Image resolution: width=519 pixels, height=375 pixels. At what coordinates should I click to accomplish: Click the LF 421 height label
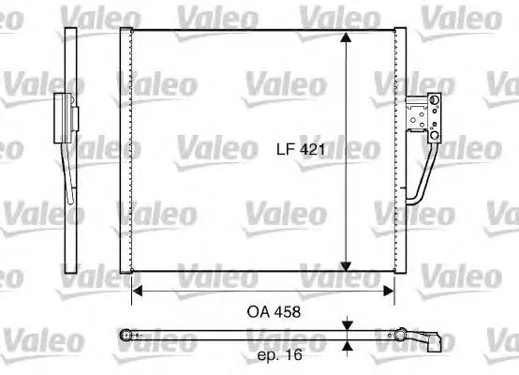299,148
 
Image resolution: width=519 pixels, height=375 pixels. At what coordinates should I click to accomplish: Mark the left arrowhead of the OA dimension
137,291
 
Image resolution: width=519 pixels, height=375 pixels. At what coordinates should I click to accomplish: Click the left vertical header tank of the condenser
126,150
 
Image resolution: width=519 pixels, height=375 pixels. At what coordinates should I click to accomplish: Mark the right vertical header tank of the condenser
399,150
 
